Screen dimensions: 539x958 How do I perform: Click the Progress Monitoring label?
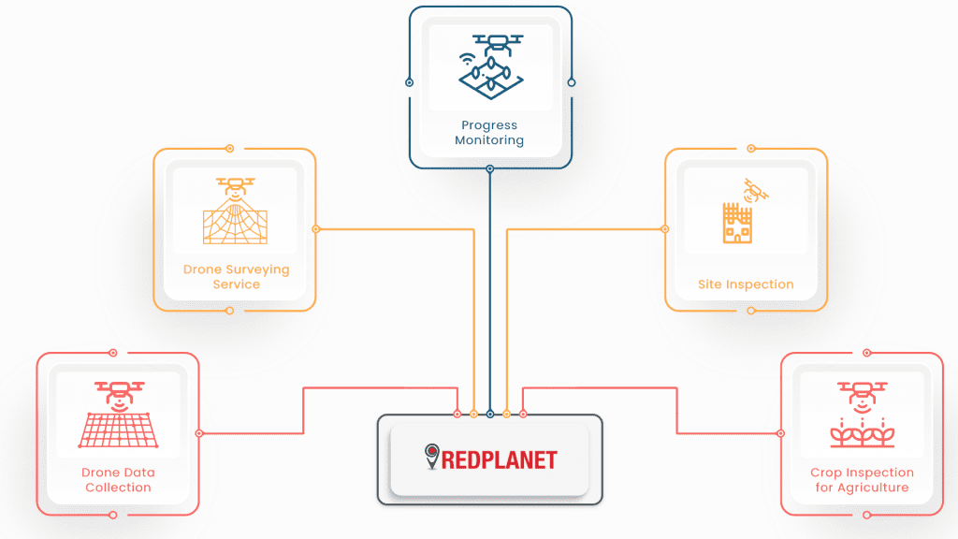point(489,133)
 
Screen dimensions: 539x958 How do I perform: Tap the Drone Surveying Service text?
point(236,277)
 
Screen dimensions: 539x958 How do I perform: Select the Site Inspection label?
point(746,284)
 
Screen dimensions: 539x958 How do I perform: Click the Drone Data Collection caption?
point(118,480)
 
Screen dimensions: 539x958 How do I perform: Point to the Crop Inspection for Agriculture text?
point(862,480)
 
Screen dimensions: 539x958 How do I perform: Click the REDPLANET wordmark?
point(500,459)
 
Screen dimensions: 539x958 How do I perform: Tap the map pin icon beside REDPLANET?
point(431,456)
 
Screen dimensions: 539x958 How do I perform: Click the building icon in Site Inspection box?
point(737,224)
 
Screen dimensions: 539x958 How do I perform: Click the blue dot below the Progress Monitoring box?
point(490,169)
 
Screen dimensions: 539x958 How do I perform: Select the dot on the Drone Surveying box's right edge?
point(316,228)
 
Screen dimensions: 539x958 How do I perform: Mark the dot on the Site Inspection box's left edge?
point(665,228)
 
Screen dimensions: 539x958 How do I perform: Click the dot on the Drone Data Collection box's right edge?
point(199,433)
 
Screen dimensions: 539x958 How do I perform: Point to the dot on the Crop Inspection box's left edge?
point(781,433)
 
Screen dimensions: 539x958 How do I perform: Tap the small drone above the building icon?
point(754,191)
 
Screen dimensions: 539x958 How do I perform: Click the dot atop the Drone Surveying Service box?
point(230,148)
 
